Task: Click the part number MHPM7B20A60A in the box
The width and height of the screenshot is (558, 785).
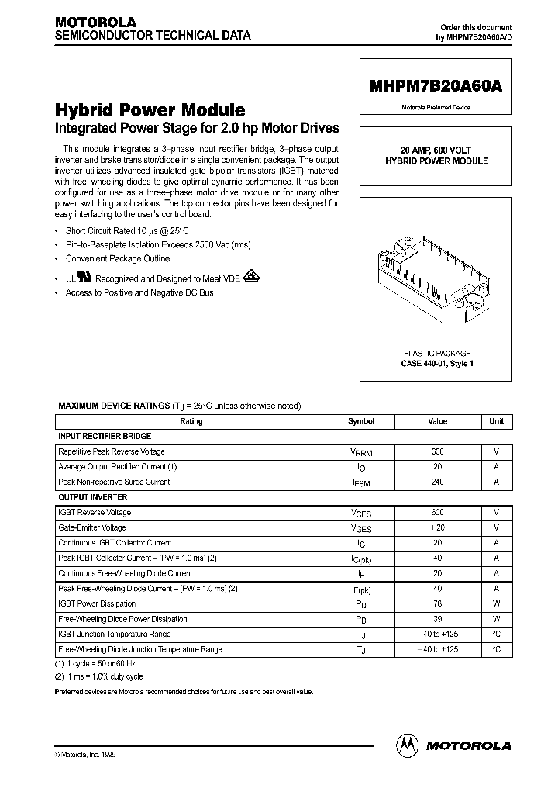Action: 435,88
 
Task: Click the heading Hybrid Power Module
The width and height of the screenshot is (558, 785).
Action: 150,110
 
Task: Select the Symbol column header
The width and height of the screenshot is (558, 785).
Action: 361,421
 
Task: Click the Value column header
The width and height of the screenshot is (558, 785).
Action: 438,421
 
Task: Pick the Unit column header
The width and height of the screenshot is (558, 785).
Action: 496,421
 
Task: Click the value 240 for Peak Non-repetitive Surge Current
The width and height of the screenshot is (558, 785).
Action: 438,482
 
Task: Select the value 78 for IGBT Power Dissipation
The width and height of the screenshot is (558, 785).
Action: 438,603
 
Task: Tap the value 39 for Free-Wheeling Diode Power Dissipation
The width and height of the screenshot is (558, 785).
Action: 438,619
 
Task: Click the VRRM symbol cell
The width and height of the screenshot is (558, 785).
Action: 361,452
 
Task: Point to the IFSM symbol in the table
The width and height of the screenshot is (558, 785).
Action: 361,482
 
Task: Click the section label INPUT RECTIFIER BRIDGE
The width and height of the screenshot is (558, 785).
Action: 105,436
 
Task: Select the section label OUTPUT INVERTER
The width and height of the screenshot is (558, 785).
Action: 93,497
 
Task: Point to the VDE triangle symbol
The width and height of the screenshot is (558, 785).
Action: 251,276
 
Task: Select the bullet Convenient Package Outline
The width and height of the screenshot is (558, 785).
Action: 118,258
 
